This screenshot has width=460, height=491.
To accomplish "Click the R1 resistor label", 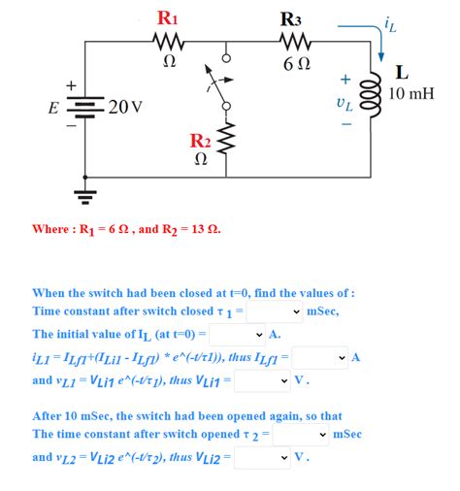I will click(168, 17).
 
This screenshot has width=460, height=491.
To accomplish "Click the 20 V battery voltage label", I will click(125, 105).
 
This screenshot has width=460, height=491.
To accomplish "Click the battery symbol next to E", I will click(86, 106).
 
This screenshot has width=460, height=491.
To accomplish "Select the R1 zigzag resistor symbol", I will click(168, 42).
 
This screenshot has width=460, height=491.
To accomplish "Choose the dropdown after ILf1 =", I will click(320, 357).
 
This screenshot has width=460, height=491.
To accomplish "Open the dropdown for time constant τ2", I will click(302, 434).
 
